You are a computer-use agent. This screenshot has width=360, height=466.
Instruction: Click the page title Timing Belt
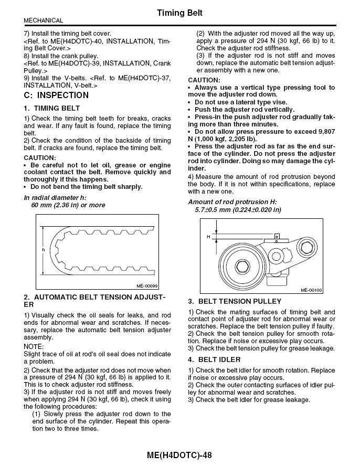(x=179, y=12)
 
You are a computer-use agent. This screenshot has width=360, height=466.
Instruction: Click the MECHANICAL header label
(x=44, y=20)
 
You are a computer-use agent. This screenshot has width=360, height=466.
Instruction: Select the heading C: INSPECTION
(x=57, y=95)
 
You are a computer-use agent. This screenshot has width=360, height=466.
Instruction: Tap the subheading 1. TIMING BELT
(x=52, y=108)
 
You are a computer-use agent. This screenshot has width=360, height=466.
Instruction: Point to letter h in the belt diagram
(x=44, y=249)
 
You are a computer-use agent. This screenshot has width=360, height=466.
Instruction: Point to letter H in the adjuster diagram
(x=208, y=237)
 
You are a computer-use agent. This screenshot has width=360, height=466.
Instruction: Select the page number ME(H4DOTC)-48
(x=179, y=456)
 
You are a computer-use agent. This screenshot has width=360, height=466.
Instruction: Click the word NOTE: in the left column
(x=34, y=347)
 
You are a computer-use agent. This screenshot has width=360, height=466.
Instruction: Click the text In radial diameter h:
(x=55, y=197)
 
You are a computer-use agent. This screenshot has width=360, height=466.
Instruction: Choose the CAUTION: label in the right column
(x=204, y=80)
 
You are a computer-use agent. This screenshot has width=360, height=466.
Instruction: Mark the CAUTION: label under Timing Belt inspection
(x=39, y=157)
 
